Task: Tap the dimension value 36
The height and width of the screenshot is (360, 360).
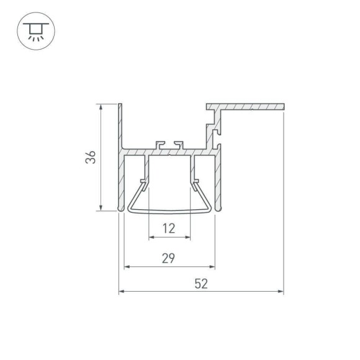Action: click(x=91, y=158)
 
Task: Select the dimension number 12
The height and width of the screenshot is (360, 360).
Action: click(x=169, y=228)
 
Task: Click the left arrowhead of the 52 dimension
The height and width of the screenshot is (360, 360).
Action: click(x=122, y=290)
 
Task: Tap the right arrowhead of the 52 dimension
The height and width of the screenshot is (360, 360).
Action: click(x=280, y=290)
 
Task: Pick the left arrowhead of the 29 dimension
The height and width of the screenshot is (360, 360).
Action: click(x=128, y=267)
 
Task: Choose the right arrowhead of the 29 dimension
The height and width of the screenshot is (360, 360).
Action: click(x=212, y=267)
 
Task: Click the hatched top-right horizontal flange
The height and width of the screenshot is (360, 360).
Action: click(x=248, y=107)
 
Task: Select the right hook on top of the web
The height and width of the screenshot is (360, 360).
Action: click(x=179, y=144)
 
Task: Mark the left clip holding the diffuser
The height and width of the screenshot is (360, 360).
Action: click(x=144, y=184)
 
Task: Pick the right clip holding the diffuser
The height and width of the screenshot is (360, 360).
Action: click(x=196, y=184)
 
